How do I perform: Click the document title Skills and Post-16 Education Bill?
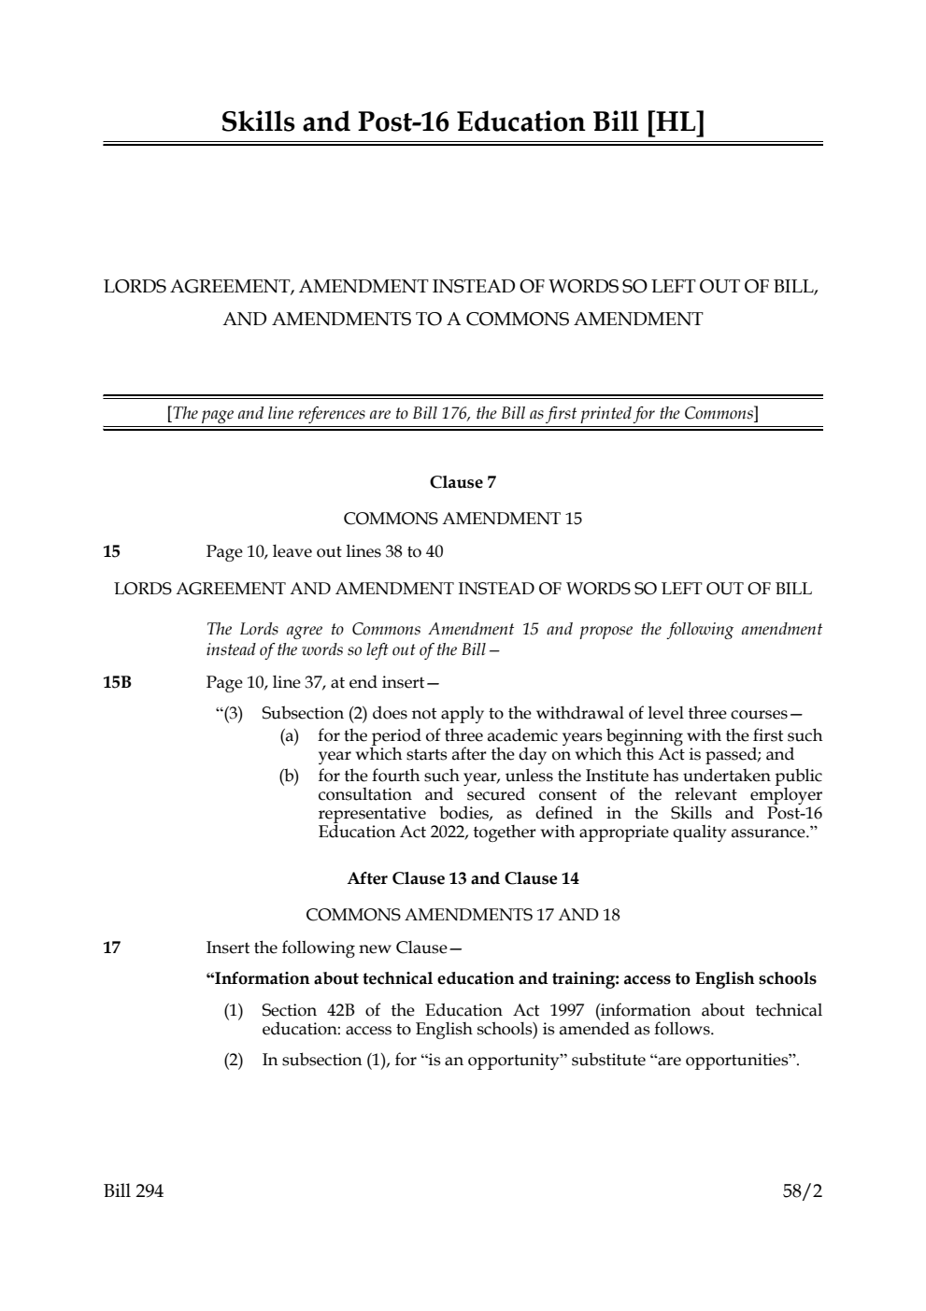463,122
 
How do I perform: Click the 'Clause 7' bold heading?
463,482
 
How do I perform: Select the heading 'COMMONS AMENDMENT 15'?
463,519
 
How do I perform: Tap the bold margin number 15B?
117,682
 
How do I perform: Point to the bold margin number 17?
111,948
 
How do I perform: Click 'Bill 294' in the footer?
133,1191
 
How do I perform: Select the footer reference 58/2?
802,1191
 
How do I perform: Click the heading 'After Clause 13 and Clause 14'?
463,878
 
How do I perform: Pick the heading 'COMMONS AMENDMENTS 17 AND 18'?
463,915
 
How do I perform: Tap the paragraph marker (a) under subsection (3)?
290,736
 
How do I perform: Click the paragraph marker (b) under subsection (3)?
290,776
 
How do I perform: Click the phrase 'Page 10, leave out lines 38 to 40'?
324,551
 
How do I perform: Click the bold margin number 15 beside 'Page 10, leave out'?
111,551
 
